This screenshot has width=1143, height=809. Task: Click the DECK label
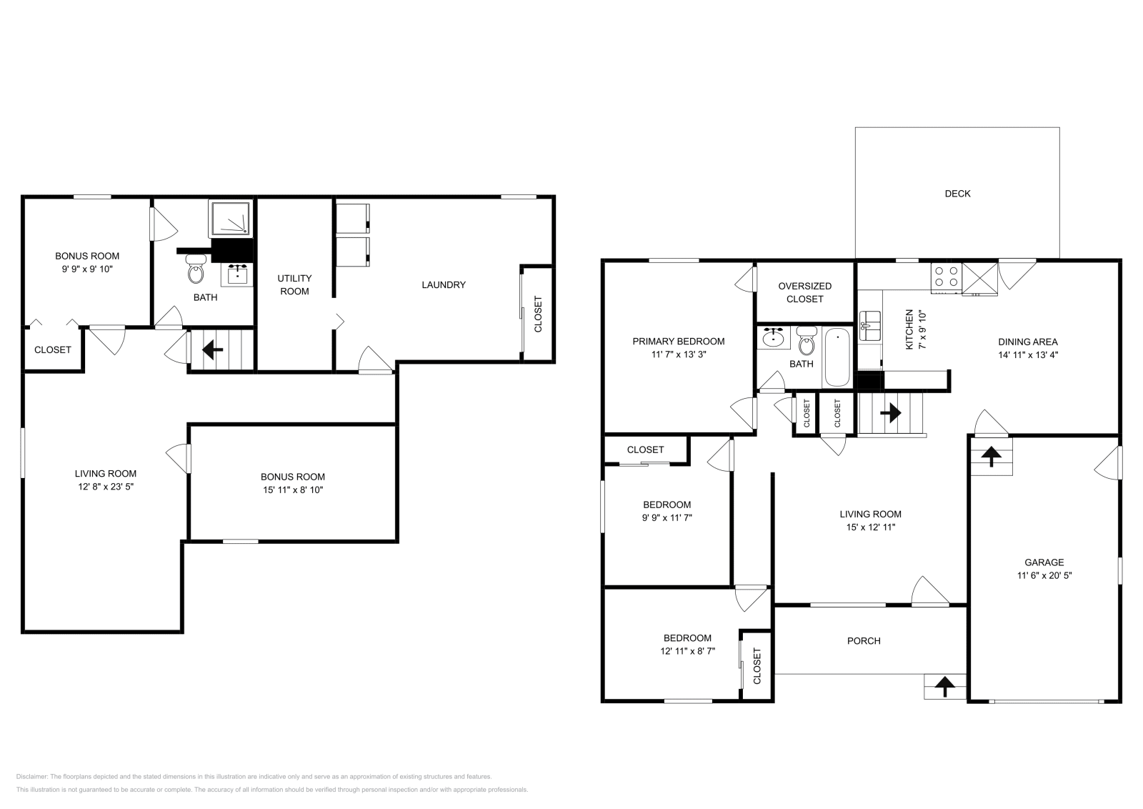click(957, 194)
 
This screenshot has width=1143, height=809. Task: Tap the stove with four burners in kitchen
click(946, 277)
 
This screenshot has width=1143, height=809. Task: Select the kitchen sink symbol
click(870, 326)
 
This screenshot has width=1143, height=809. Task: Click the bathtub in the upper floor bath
click(837, 357)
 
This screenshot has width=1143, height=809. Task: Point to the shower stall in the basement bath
click(231, 218)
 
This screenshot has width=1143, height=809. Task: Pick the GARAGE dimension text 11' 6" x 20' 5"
click(1044, 575)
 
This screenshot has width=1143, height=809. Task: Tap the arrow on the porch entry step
click(944, 687)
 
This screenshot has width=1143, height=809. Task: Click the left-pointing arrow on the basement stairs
click(213, 350)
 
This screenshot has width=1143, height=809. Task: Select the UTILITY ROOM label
click(294, 284)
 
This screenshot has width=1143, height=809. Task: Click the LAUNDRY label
click(443, 284)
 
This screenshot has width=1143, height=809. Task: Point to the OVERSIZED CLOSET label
click(804, 292)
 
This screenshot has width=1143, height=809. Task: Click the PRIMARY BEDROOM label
click(678, 342)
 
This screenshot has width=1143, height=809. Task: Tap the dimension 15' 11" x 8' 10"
click(292, 490)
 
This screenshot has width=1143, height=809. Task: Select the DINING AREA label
click(1027, 342)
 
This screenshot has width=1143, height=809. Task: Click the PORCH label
click(863, 641)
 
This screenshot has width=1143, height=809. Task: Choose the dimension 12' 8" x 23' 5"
click(106, 487)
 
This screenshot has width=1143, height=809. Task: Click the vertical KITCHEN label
click(909, 329)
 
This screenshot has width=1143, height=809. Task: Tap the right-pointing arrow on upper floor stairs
click(891, 413)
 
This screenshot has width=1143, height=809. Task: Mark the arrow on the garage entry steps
click(991, 457)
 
